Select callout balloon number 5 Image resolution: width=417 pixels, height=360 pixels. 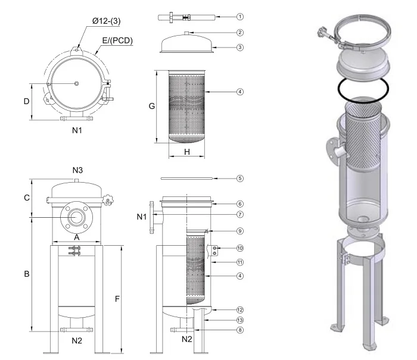coord(239,178)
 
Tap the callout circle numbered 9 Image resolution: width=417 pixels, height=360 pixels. coord(239,231)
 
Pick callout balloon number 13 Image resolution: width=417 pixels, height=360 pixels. coord(239,320)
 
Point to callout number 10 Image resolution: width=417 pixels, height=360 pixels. coord(239,248)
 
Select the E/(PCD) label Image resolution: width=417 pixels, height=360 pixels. coord(117,41)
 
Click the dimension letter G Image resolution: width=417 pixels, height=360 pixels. coord(151,106)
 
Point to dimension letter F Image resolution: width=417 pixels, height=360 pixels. coord(117,298)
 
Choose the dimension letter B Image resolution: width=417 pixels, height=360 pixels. coord(26,274)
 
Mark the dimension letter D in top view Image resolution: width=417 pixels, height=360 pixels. coord(26,101)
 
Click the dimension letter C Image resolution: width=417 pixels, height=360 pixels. coord(26,198)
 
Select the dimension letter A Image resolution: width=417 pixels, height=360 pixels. coord(76,236)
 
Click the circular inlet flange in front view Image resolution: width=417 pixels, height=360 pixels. coord(76,218)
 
